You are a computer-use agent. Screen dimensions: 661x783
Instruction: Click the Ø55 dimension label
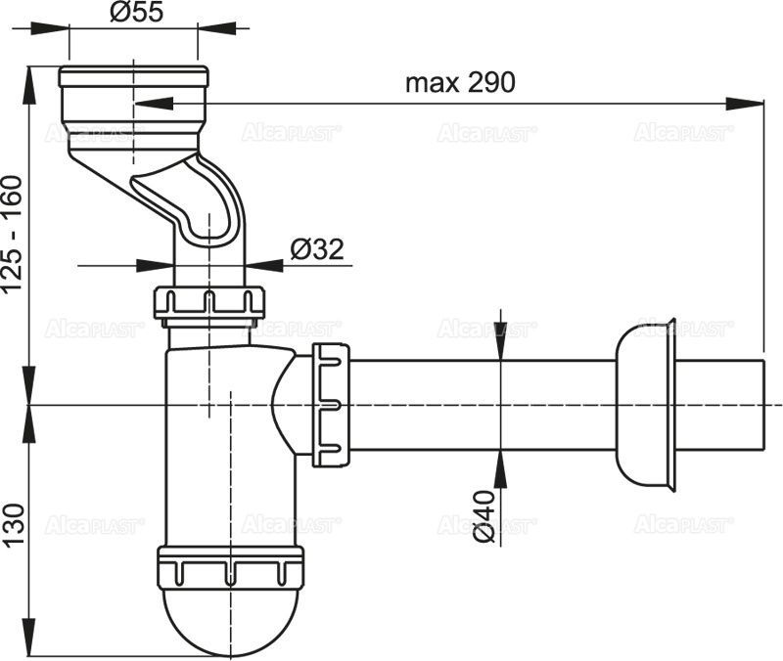[x=135, y=13]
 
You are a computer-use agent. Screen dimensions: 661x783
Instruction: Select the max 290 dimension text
[x=460, y=83]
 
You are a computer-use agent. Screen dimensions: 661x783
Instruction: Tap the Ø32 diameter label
[x=316, y=250]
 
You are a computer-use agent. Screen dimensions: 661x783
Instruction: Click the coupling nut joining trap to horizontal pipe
[x=330, y=402]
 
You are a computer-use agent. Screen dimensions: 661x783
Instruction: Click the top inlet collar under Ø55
[x=133, y=94]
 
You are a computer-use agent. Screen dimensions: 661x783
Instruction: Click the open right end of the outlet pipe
[x=760, y=403]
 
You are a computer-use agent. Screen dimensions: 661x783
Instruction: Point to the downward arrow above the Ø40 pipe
[x=500, y=348]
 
